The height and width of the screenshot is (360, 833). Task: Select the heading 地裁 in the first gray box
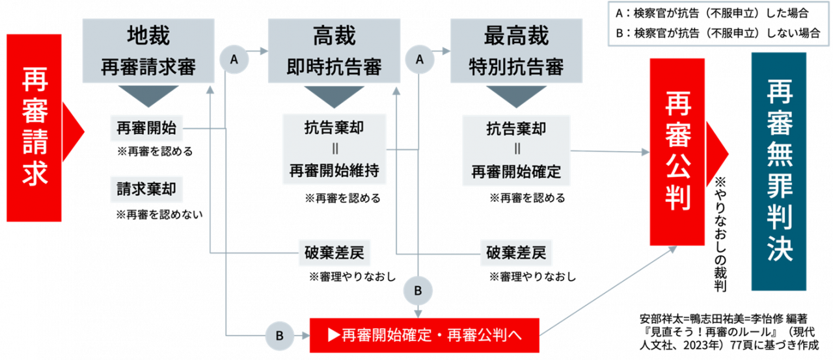point(148,36)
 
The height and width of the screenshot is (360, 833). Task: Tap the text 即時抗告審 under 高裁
point(334,68)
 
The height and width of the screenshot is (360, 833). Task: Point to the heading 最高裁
point(516,36)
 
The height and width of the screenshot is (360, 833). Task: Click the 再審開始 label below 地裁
point(146,128)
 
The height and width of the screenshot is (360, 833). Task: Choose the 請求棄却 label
point(146,189)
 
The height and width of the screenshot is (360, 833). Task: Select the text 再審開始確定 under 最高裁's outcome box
point(516,173)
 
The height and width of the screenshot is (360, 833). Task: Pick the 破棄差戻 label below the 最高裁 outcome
point(516,253)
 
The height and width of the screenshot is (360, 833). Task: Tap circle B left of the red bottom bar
point(280,336)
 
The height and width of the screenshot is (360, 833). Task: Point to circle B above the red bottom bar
point(418,290)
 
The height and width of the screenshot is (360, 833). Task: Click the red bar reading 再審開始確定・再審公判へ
point(424,335)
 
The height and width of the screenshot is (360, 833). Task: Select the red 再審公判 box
point(677,151)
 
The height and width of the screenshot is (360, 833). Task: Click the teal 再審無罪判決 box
point(778,171)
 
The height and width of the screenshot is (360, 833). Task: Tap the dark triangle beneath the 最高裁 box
point(516,96)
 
